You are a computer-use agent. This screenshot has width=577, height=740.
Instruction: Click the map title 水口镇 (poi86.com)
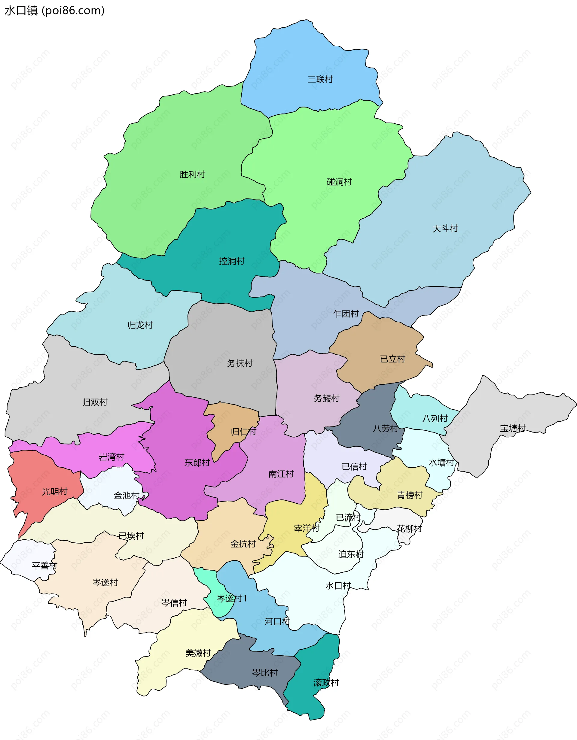pyautogui.click(x=54, y=11)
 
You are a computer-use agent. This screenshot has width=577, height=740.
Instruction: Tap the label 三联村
pyautogui.click(x=320, y=79)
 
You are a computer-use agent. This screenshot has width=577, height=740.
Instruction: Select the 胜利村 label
pyautogui.click(x=192, y=174)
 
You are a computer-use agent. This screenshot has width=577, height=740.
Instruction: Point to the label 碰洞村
pyautogui.click(x=339, y=182)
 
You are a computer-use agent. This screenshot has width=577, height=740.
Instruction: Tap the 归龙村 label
pyautogui.click(x=140, y=325)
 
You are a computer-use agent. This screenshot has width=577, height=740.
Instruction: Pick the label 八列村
pyautogui.click(x=435, y=418)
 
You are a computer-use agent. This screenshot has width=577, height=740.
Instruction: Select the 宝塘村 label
pyautogui.click(x=513, y=428)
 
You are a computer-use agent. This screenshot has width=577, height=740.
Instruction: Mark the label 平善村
pyautogui.click(x=44, y=566)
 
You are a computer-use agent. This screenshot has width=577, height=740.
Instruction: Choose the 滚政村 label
pyautogui.click(x=326, y=682)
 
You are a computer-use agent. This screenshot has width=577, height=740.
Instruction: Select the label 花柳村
pyautogui.click(x=409, y=529)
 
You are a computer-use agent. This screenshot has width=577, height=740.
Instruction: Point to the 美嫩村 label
pyautogui.click(x=198, y=653)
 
